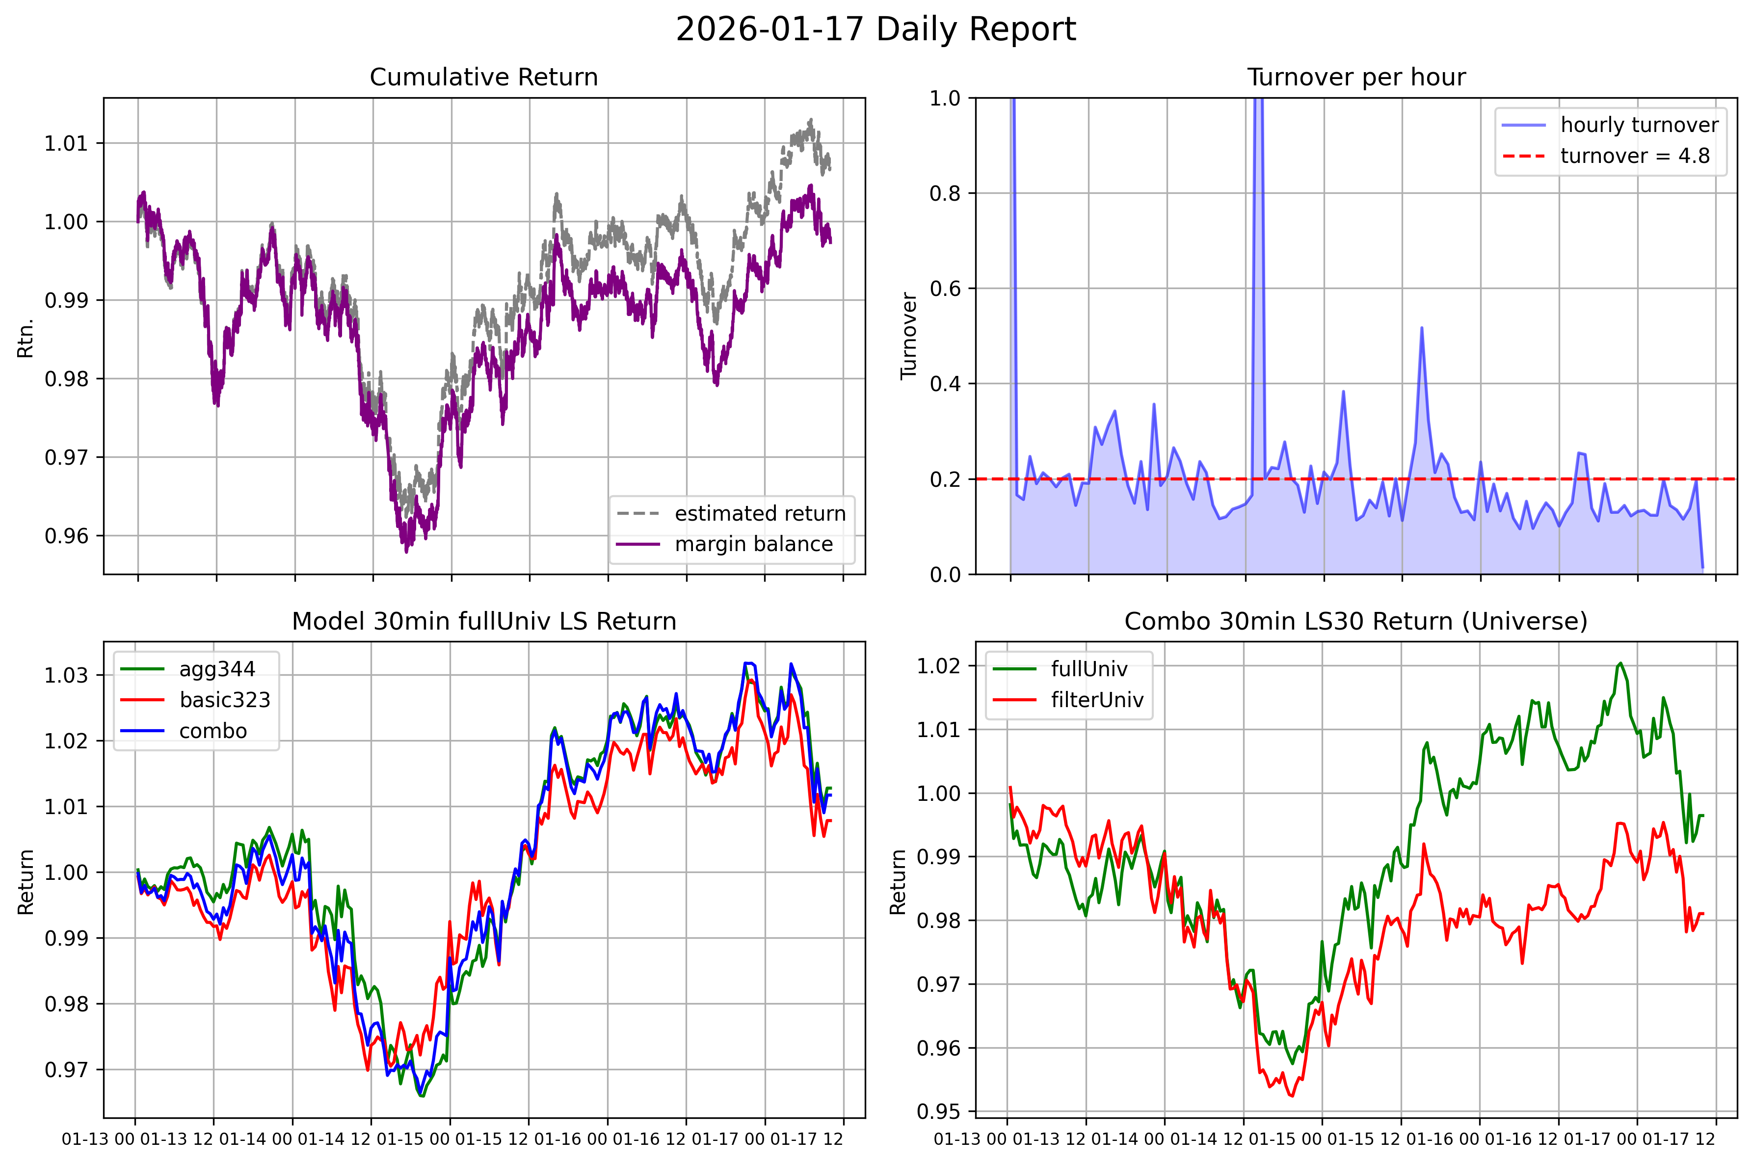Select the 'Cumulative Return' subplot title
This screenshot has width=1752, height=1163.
[483, 77]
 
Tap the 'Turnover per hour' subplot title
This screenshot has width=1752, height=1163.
[1356, 77]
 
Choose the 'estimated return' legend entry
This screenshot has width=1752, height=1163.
[731, 513]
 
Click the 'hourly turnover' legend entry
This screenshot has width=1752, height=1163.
[1610, 125]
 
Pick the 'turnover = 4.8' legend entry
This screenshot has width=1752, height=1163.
[1606, 156]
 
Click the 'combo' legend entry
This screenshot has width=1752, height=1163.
[183, 731]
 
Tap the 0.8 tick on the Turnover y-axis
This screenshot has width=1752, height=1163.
[945, 193]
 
